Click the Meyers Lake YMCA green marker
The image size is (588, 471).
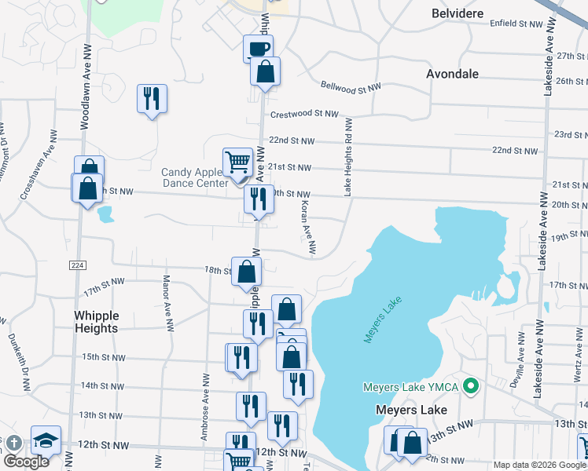pyautogui.click(x=471, y=386)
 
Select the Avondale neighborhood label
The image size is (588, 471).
pyautogui.click(x=452, y=74)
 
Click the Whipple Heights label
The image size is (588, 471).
pyautogui.click(x=96, y=322)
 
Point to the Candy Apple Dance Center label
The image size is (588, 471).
pyautogui.click(x=193, y=177)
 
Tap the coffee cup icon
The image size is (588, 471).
pyautogui.click(x=258, y=49)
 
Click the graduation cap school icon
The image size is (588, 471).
pyautogui.click(x=46, y=440)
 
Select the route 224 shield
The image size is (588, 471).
pyautogui.click(x=76, y=265)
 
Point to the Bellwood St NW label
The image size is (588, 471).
pyautogui.click(x=351, y=86)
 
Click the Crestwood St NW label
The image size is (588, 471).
pyautogui.click(x=303, y=114)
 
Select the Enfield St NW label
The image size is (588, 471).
pyautogui.click(x=516, y=24)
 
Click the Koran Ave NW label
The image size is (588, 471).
pyautogui.click(x=307, y=227)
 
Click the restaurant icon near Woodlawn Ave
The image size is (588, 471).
pyautogui.click(x=152, y=99)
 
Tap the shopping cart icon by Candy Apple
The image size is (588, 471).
pyautogui.click(x=237, y=162)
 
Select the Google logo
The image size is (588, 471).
pyautogui.click(x=26, y=462)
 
